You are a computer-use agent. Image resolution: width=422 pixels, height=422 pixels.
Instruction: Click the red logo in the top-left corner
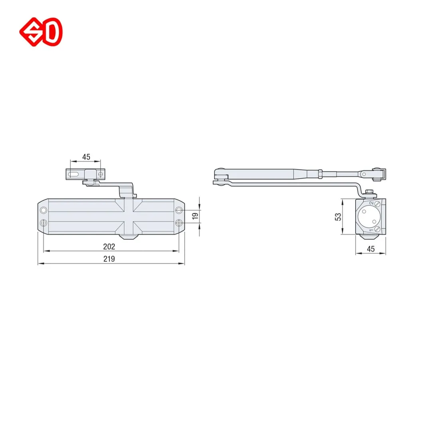[x=41, y=32]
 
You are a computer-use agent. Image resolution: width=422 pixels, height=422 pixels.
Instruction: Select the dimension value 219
[x=109, y=259]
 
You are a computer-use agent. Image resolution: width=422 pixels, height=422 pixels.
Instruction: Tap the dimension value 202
[x=109, y=246]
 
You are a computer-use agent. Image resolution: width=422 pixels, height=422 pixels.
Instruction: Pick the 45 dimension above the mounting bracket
[x=86, y=157]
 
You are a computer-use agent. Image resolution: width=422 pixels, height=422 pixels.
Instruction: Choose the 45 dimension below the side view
[x=370, y=249]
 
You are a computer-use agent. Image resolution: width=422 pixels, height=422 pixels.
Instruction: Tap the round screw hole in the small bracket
[x=100, y=175]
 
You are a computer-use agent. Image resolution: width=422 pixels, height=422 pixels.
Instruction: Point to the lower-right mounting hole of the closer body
[x=179, y=223]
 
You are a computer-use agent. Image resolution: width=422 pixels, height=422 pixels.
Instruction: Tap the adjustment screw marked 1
[x=377, y=228]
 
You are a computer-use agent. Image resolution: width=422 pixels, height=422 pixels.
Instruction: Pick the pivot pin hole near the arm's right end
[x=363, y=174]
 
